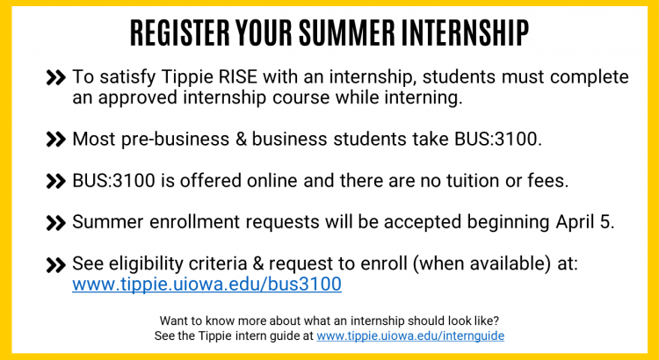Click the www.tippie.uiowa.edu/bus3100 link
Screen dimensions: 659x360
[x=206, y=284]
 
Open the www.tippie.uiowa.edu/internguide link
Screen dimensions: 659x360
[x=410, y=335]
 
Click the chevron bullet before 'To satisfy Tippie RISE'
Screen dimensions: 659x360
[x=56, y=78]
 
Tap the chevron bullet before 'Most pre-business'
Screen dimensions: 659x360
[x=56, y=140]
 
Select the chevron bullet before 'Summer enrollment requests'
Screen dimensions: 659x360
[x=56, y=223]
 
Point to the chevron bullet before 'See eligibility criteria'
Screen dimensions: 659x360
[x=56, y=265]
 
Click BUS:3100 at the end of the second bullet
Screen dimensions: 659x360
[x=497, y=139]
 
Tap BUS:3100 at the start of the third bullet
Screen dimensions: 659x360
[x=113, y=181]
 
